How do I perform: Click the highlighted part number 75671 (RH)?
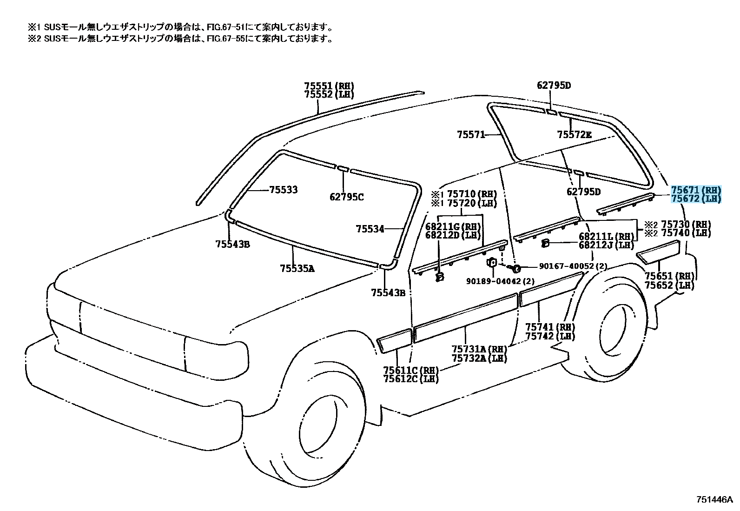[x=696, y=190]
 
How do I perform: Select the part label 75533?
[x=284, y=190]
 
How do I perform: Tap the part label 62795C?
[x=347, y=197]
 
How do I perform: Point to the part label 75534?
[x=370, y=229]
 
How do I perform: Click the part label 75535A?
[x=297, y=269]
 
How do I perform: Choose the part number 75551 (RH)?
[x=329, y=86]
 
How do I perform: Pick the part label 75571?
[x=471, y=134]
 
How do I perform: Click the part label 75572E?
[x=575, y=134]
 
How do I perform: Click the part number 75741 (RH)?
[x=550, y=327]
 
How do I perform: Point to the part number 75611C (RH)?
[x=411, y=370]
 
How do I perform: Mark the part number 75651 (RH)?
[x=670, y=276]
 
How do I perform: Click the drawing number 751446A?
[x=715, y=500]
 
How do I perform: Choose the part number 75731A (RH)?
[x=479, y=349]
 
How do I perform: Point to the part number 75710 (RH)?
[x=472, y=194]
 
